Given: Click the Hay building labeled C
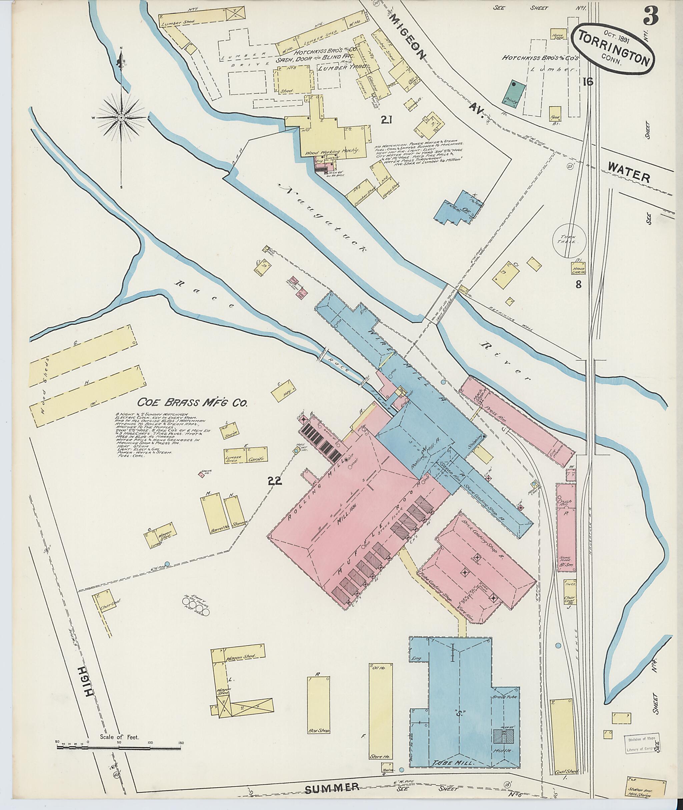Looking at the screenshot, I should (x=284, y=393).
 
